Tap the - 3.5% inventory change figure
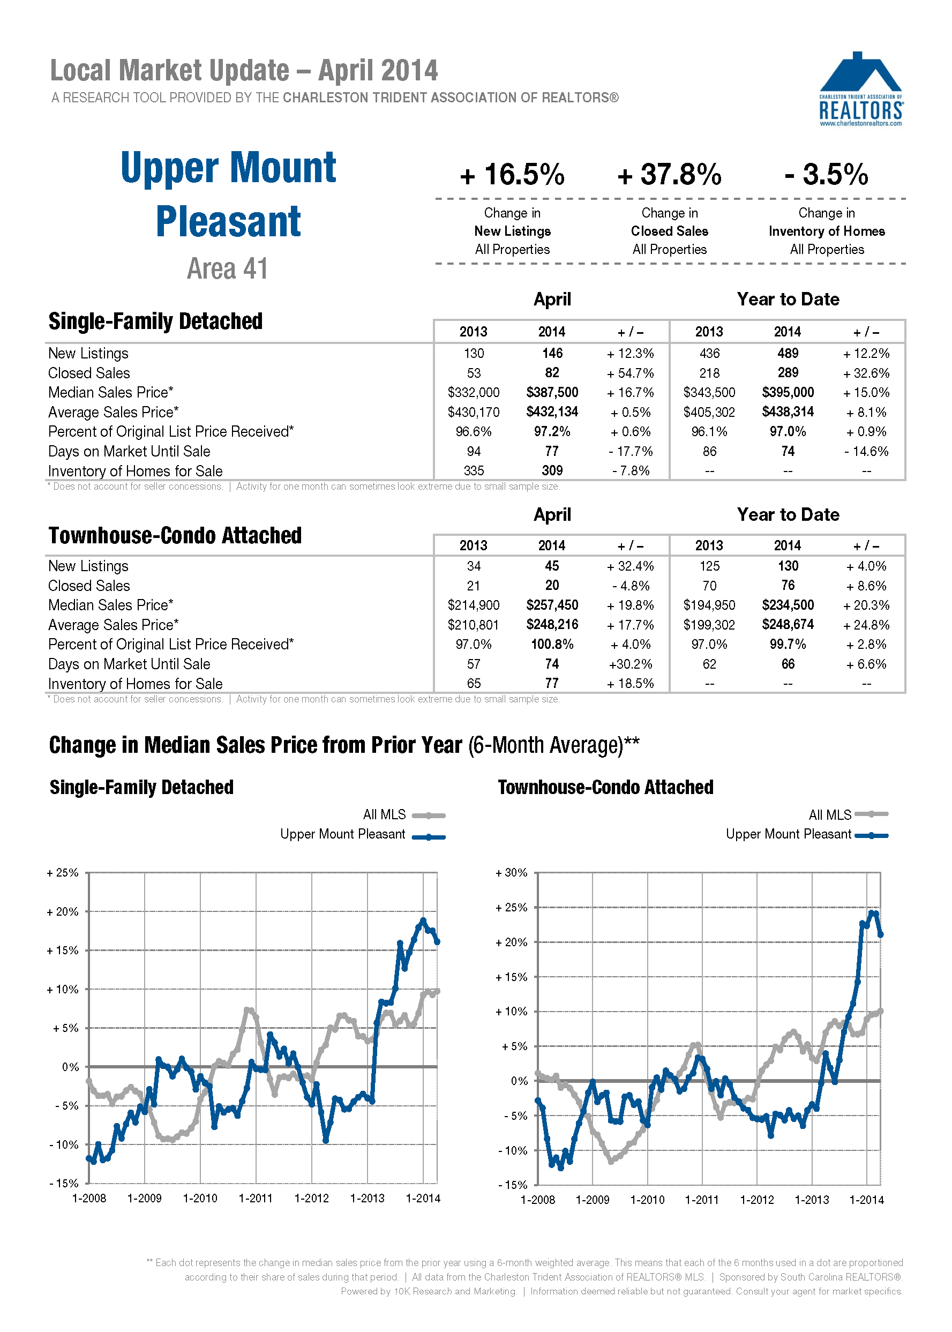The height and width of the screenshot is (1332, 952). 826,175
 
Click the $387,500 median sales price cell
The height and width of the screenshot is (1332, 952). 552,392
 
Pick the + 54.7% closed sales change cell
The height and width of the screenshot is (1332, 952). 630,373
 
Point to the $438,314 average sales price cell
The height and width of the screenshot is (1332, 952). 788,412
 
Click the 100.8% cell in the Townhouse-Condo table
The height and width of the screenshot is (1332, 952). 552,645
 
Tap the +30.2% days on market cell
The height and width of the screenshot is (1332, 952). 630,664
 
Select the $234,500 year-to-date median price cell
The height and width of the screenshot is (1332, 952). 788,605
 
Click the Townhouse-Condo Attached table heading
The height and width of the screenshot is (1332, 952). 175,536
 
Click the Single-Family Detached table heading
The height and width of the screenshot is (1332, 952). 155,321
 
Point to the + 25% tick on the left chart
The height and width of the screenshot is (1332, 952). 63,873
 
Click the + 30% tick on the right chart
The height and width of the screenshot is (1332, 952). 512,873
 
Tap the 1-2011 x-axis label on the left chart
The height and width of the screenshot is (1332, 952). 256,1199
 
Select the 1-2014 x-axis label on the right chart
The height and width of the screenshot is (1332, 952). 866,1200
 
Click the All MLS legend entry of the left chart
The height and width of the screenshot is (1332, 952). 403,815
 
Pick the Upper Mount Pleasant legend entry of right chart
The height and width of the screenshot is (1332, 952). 806,834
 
